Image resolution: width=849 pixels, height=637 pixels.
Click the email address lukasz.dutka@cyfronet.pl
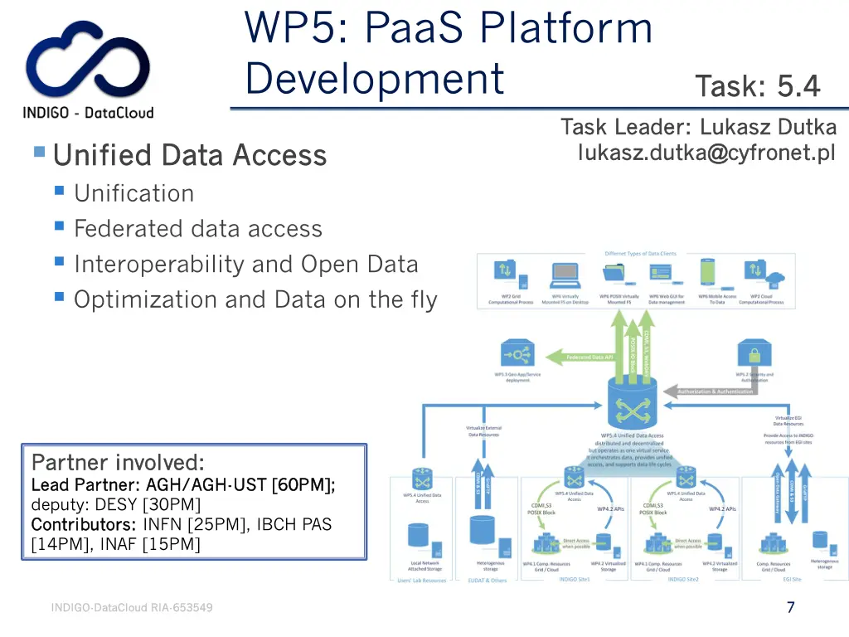pos(706,153)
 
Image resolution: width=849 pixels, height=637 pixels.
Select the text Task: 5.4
pos(757,86)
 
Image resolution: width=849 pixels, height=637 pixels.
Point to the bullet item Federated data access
pos(197,229)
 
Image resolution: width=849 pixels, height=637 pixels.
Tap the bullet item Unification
pos(133,193)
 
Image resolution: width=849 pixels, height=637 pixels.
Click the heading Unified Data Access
pos(189,155)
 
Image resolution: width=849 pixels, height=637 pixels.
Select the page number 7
pos(791,607)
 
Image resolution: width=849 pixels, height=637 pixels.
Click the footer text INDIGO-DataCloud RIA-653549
pos(132,608)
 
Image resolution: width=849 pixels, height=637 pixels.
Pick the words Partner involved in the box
pos(117,461)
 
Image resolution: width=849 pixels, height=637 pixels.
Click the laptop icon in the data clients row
pos(564,272)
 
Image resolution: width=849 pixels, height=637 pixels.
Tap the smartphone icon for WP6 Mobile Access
pos(707,272)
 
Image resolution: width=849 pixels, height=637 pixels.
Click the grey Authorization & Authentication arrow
pos(715,391)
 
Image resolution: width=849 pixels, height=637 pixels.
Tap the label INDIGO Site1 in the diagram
pos(574,580)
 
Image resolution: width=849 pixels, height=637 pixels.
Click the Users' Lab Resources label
pos(423,580)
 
